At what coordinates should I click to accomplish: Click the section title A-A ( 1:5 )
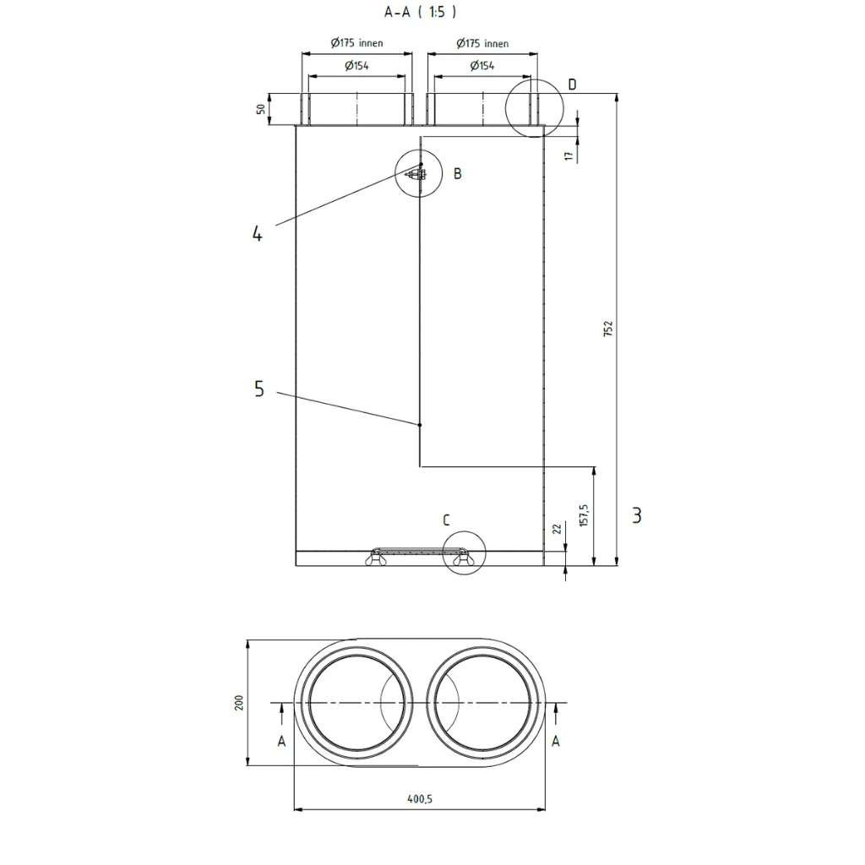click(421, 12)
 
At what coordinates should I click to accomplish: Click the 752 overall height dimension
click(608, 329)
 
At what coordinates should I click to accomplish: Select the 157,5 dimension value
click(585, 515)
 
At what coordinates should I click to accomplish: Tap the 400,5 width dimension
click(420, 799)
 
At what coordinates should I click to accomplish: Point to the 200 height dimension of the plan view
click(239, 703)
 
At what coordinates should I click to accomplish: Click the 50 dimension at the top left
click(260, 109)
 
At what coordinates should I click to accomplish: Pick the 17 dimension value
click(569, 156)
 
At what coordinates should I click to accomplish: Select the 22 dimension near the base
click(557, 529)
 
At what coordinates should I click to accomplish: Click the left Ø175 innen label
click(357, 43)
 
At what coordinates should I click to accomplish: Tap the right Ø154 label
click(482, 66)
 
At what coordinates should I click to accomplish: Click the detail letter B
click(457, 174)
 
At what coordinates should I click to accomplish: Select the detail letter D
click(572, 84)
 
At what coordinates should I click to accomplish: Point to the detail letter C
click(446, 520)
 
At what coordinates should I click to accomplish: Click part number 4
click(257, 233)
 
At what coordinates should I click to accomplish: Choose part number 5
click(259, 389)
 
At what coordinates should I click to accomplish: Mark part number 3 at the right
click(637, 515)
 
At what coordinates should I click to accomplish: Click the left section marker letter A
click(281, 742)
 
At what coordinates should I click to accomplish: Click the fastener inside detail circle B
click(416, 175)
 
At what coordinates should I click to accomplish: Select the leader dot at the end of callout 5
click(420, 425)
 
